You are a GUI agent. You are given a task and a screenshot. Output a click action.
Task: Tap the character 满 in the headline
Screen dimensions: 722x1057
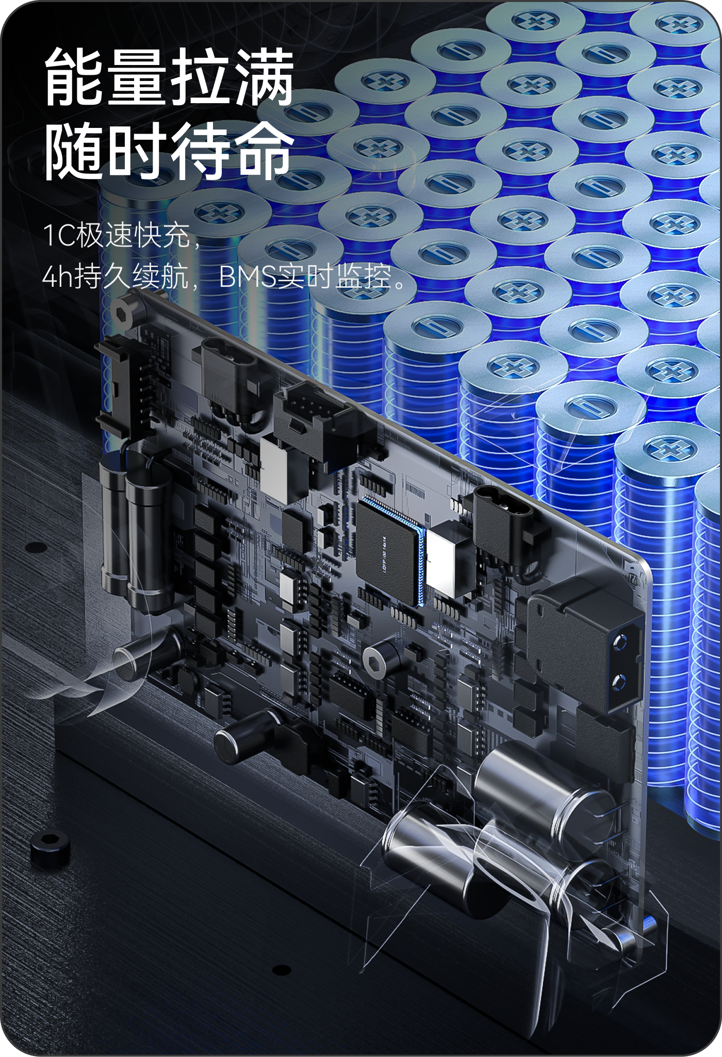click(264, 77)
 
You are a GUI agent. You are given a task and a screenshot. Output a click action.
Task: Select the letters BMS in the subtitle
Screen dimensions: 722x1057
click(247, 279)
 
